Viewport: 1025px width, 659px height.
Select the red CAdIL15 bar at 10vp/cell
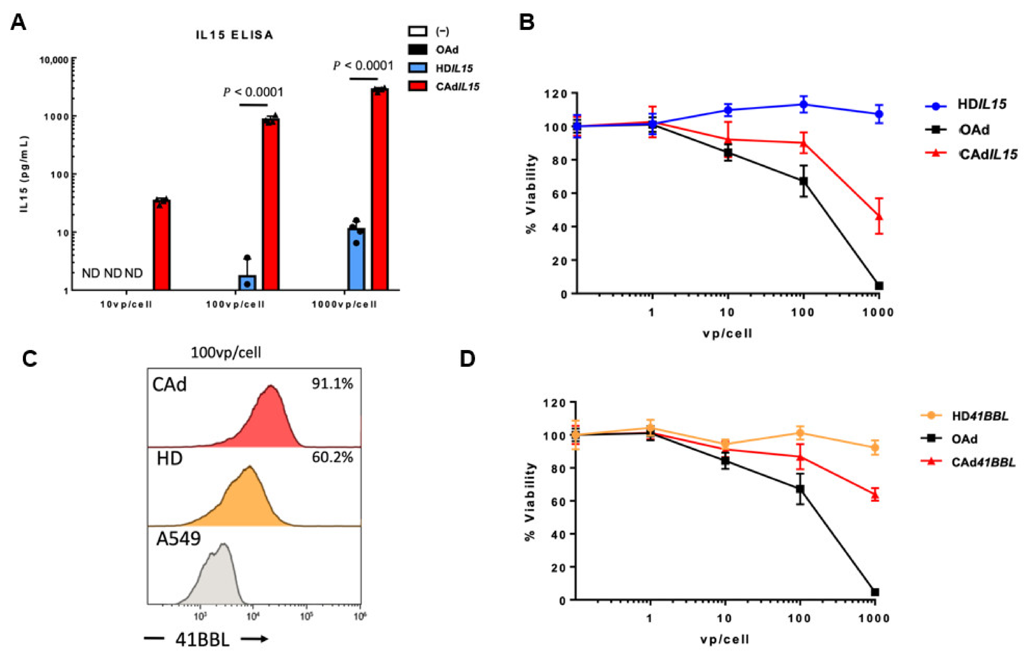point(162,246)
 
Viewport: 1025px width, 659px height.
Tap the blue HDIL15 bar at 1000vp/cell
point(356,261)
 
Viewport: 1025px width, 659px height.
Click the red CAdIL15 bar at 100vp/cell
point(270,205)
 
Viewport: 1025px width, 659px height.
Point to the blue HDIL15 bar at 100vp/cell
point(247,283)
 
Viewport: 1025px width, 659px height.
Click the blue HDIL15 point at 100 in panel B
point(803,104)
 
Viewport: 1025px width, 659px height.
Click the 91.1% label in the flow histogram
point(332,384)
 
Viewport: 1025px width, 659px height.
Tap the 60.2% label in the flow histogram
point(332,457)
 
